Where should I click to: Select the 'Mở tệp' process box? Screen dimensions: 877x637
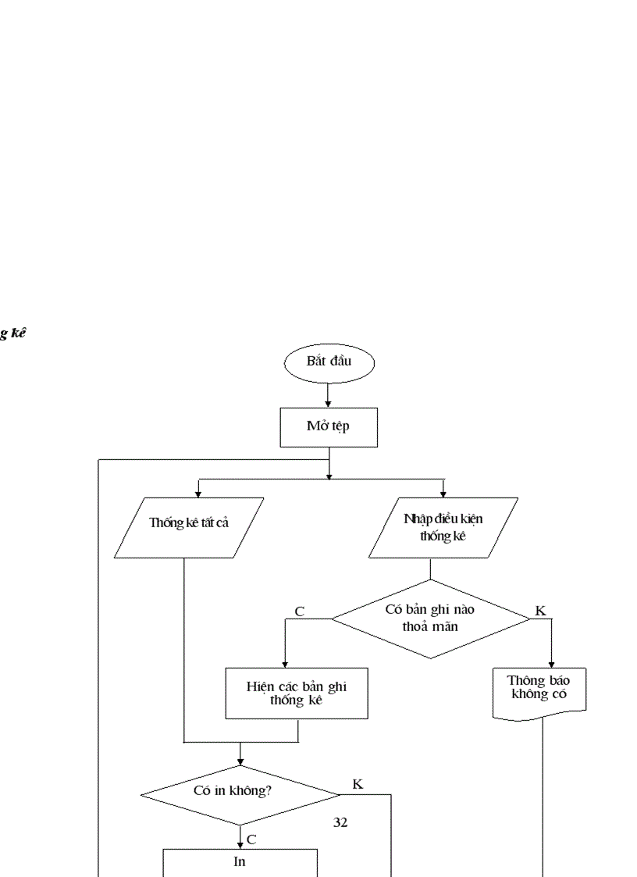[329, 427]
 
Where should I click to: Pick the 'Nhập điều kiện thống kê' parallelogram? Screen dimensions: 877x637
[443, 527]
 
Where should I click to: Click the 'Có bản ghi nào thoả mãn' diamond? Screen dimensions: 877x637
[431, 619]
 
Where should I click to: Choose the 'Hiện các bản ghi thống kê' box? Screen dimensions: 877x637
[296, 693]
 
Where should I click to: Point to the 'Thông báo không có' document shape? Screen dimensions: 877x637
[539, 690]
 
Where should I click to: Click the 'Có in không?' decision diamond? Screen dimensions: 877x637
[240, 795]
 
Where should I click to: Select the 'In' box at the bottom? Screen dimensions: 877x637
[240, 863]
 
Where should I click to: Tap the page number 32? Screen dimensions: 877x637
[340, 822]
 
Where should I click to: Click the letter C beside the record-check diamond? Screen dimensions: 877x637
[300, 611]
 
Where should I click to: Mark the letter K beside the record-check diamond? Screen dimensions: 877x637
[541, 611]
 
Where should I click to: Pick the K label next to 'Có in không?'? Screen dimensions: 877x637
[358, 784]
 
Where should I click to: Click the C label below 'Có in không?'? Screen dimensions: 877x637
[251, 840]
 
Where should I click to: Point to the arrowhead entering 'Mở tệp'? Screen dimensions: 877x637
[329, 403]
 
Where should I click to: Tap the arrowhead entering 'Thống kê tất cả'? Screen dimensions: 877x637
[198, 494]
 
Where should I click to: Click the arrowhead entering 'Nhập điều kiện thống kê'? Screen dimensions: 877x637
[443, 494]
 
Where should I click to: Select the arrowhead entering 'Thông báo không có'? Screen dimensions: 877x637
[552, 664]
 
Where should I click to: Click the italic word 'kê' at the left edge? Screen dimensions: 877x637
[18, 333]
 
